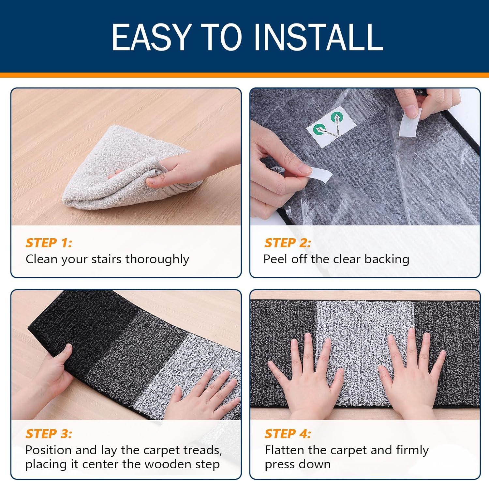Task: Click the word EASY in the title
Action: point(151,37)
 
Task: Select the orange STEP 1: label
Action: point(49,243)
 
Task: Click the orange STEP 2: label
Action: point(288,243)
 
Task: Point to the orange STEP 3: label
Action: point(49,434)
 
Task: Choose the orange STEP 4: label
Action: point(288,434)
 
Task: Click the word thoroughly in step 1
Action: point(157,259)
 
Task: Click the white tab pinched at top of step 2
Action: point(410,121)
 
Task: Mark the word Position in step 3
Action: point(48,450)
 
